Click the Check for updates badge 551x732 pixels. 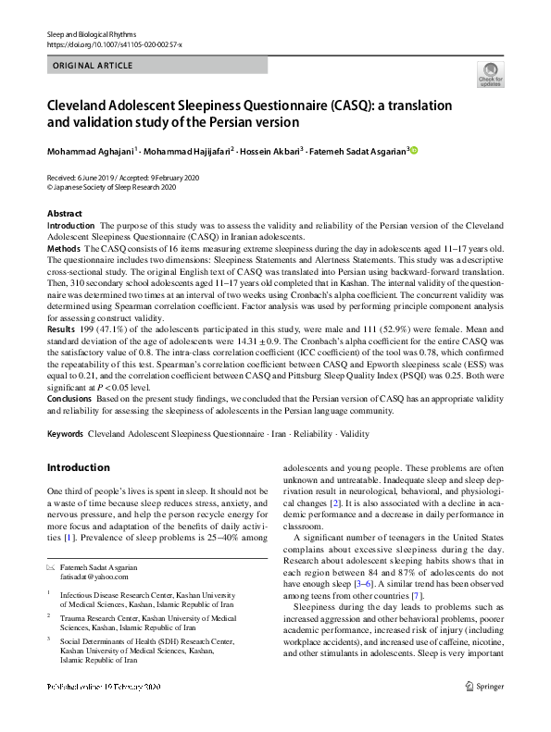pyautogui.click(x=490, y=75)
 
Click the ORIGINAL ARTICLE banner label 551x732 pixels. pyautogui.click(x=93, y=66)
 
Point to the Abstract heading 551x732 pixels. pyautogui.click(x=64, y=214)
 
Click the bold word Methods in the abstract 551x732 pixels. pyautogui.click(x=64, y=250)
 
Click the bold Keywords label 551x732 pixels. pyautogui.click(x=64, y=433)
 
